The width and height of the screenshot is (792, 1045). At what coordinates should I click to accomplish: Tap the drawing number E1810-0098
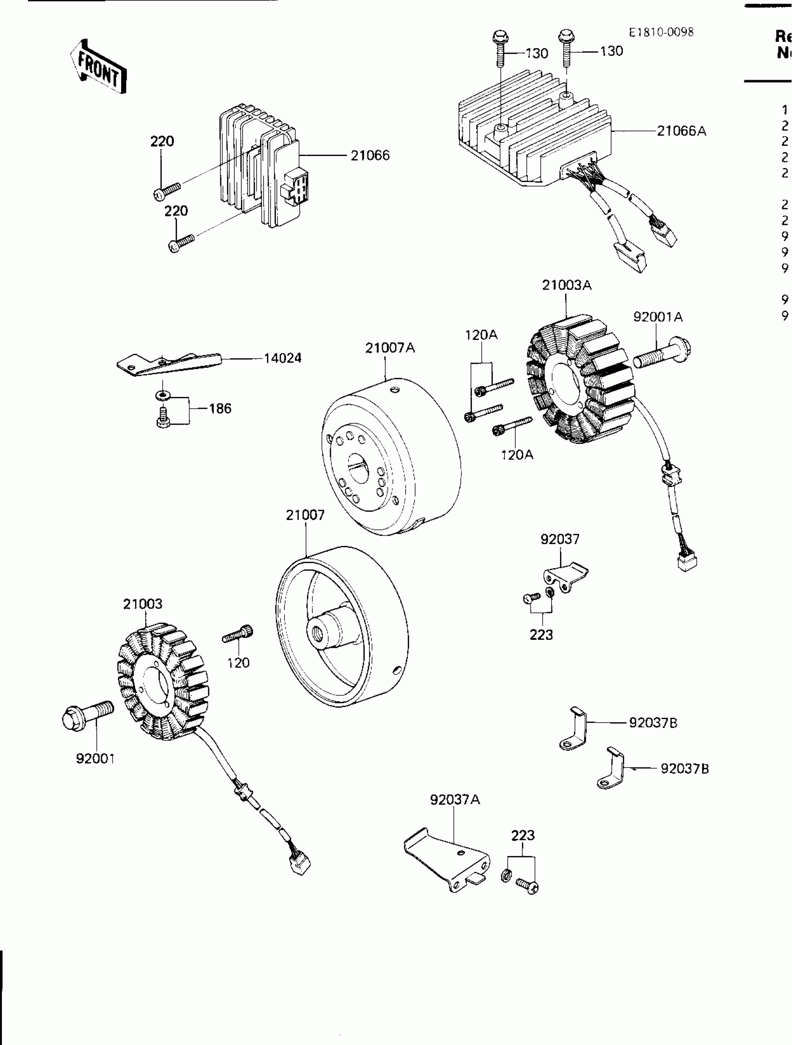tap(661, 32)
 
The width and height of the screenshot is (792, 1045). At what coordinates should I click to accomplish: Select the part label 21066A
tap(682, 131)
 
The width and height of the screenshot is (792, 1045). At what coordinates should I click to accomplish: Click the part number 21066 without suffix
tap(369, 156)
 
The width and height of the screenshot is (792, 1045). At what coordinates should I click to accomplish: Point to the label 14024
tap(282, 358)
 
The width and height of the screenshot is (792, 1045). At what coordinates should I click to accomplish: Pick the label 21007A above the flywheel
tap(390, 348)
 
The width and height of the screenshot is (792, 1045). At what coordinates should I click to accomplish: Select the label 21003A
tap(566, 285)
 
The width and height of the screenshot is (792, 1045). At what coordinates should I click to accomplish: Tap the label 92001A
tap(658, 317)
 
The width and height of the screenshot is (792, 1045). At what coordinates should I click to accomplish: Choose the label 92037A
tap(455, 799)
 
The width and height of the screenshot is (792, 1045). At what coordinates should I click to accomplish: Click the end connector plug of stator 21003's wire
tap(300, 865)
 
